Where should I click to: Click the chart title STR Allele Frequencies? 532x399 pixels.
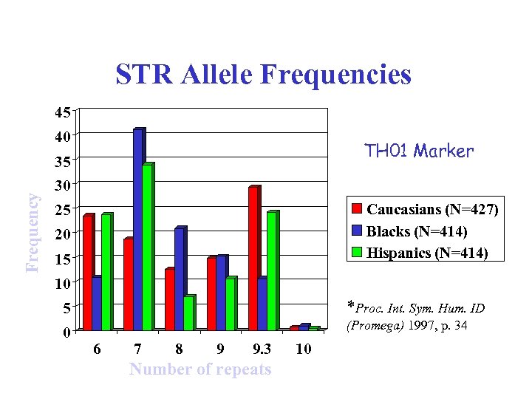tap(262, 75)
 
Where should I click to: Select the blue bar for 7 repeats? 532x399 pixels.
tap(138, 229)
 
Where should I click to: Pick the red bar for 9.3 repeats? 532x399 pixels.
tap(253, 258)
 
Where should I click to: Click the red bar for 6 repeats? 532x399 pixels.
tap(88, 272)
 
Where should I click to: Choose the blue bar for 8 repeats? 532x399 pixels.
tap(180, 279)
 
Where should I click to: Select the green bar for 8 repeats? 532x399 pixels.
tap(188, 313)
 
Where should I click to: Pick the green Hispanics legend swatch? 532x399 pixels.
tap(357, 253)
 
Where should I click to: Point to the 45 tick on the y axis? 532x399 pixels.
tap(61, 112)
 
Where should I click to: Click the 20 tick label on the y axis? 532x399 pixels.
tap(61, 233)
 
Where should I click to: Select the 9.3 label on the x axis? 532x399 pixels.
tap(261, 349)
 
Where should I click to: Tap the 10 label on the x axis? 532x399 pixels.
tap(302, 349)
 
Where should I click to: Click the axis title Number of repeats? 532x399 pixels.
tap(200, 369)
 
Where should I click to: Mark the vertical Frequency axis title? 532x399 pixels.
tap(33, 231)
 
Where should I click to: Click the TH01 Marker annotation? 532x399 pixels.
tap(419, 151)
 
